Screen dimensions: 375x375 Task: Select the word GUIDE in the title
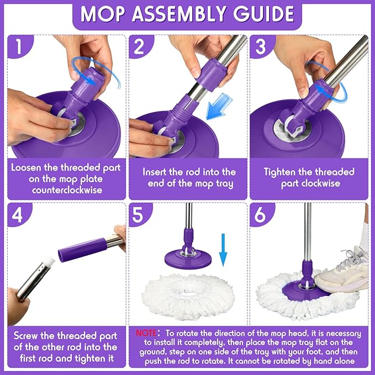pyautogui.click(x=267, y=14)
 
